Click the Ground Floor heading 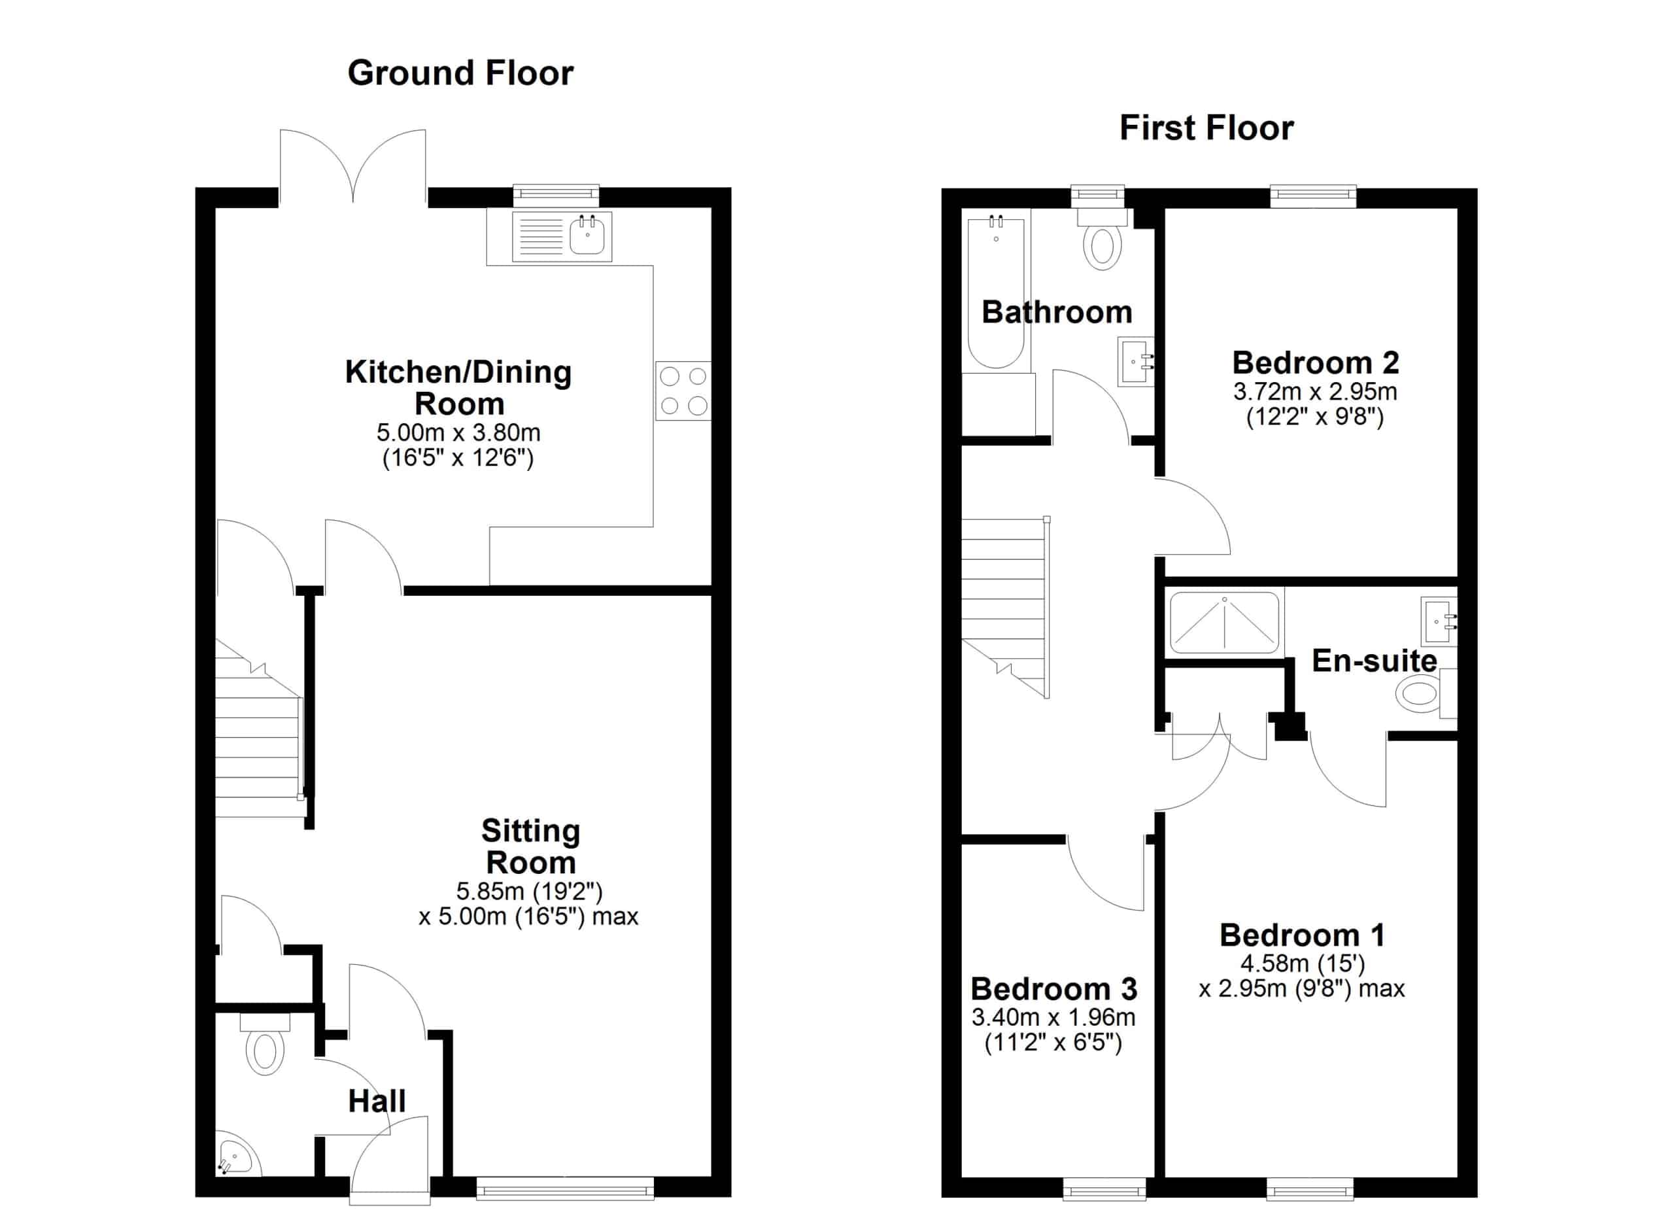(460, 73)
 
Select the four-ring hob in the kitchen (683, 391)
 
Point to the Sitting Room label (531, 846)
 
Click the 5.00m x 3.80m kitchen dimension (458, 432)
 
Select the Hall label (377, 1102)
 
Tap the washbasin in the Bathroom (1135, 362)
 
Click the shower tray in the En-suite (1225, 623)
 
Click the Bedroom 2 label (1315, 362)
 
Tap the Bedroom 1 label (1302, 935)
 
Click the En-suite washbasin (1439, 621)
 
